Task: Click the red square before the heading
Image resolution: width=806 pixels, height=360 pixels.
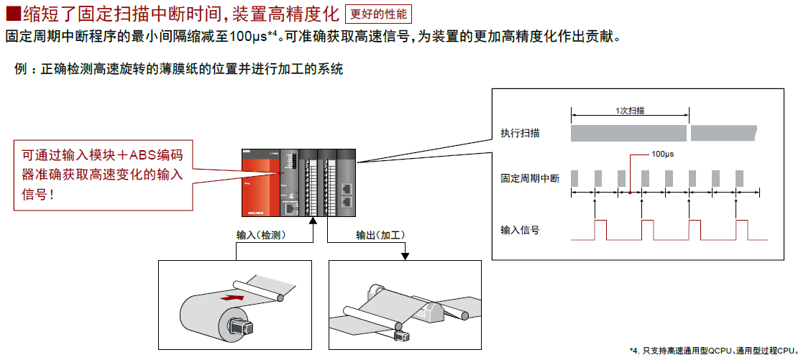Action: point(12,14)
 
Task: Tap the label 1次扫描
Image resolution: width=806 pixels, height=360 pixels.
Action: point(630,111)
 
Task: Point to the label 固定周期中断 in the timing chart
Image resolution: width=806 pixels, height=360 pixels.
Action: point(530,178)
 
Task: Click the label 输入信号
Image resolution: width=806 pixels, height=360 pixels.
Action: point(521,230)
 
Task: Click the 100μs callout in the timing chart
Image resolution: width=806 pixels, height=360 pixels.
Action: point(662,154)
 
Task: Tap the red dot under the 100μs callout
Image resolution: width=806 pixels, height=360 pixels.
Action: point(630,193)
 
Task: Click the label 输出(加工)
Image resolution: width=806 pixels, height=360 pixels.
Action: point(381,235)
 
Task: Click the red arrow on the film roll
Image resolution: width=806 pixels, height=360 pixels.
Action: point(232,295)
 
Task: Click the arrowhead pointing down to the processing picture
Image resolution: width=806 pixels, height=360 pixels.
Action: point(406,256)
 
